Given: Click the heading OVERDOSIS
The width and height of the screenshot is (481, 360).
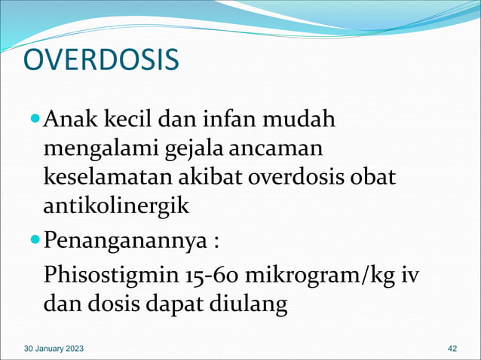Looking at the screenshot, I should pos(101,61).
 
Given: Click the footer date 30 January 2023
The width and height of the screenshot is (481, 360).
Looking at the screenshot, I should pos(54,349).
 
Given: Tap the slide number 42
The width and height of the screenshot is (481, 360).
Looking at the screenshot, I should pos(452,349).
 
